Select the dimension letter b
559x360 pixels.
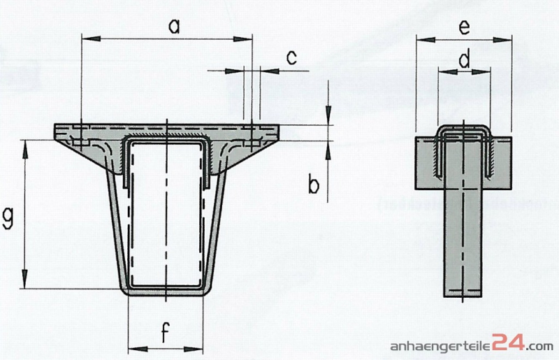pos(314,185)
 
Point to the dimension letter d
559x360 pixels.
pos(464,60)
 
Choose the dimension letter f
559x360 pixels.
pos(165,334)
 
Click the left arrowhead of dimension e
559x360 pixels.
pos(421,40)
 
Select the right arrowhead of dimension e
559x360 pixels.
pos(507,40)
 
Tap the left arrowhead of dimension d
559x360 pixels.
pos(442,70)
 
